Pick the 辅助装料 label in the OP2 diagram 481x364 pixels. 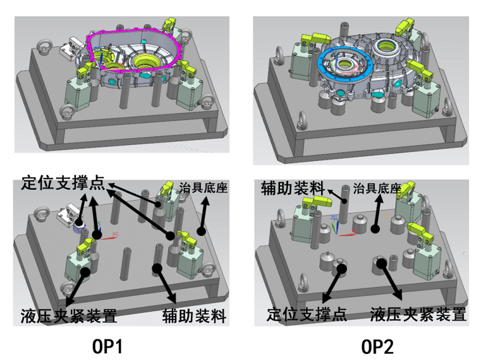tap(292, 187)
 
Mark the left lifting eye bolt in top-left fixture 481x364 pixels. tap(43, 46)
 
